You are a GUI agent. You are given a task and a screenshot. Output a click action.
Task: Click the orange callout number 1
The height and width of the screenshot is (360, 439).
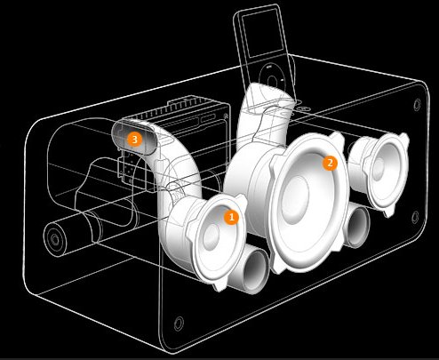[231, 218]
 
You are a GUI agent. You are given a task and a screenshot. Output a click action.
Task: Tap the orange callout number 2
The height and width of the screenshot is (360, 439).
[330, 163]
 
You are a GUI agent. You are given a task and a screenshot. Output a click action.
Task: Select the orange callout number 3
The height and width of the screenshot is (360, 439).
[134, 139]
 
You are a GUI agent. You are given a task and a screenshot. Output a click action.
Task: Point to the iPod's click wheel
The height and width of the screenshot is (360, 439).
[272, 80]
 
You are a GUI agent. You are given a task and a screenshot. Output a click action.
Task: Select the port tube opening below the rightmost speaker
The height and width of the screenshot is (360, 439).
[358, 227]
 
